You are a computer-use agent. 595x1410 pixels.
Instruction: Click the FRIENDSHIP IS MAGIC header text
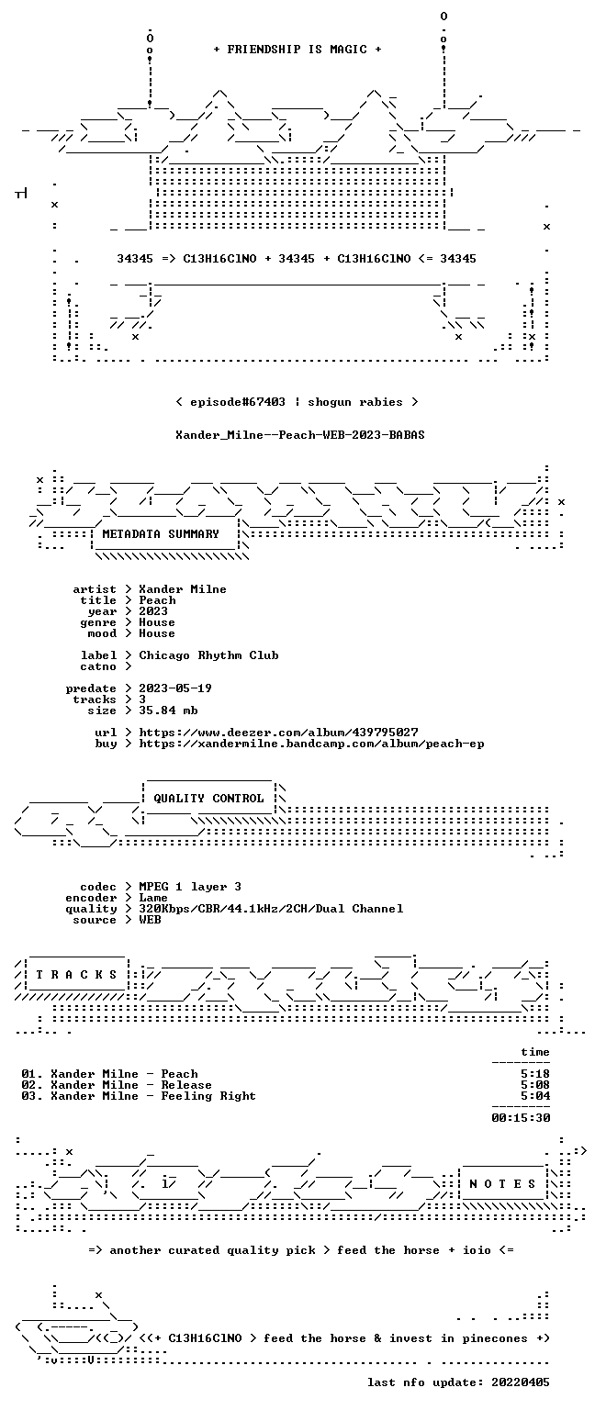(x=297, y=50)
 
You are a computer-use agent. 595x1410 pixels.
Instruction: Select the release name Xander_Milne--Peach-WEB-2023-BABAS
(x=299, y=435)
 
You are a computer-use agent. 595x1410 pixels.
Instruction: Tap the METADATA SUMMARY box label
(x=161, y=534)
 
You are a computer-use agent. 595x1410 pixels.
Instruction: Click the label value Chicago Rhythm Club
(x=208, y=655)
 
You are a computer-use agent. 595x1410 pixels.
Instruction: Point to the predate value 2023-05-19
(x=175, y=688)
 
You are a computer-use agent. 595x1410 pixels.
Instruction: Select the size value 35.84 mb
(x=168, y=711)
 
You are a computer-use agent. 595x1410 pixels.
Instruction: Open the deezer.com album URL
(x=278, y=733)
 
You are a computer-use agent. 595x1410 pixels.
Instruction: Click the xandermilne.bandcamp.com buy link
(x=311, y=744)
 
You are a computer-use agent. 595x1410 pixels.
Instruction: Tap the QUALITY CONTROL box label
(x=208, y=799)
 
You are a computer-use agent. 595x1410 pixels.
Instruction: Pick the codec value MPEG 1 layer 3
(x=190, y=887)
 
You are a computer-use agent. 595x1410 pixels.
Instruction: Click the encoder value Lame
(x=153, y=899)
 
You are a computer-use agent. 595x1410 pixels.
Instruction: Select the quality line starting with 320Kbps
(x=272, y=909)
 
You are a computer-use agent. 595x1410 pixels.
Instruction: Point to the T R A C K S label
(x=76, y=975)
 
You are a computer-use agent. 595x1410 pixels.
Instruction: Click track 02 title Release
(x=186, y=1085)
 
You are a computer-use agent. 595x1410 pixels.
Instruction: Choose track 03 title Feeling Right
(x=208, y=1097)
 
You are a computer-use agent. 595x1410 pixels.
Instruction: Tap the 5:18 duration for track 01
(x=535, y=1075)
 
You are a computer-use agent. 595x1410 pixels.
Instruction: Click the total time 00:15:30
(x=521, y=1119)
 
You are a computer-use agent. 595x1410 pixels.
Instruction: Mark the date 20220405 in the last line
(x=521, y=1383)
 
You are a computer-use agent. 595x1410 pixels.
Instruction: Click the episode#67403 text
(x=238, y=402)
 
